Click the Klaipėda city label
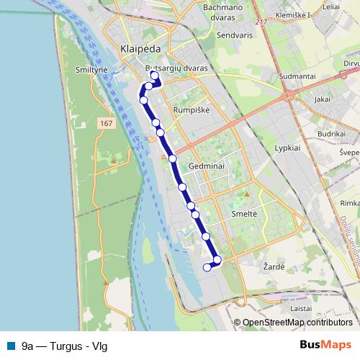(x=136, y=49)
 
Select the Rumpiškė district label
(x=190, y=109)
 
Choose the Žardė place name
(x=274, y=266)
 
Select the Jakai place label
(x=323, y=99)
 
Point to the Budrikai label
(x=332, y=134)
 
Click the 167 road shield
(x=107, y=124)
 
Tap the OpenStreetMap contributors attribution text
(x=297, y=323)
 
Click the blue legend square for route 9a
(x=10, y=346)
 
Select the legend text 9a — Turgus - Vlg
(x=65, y=346)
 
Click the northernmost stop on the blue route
(x=153, y=75)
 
